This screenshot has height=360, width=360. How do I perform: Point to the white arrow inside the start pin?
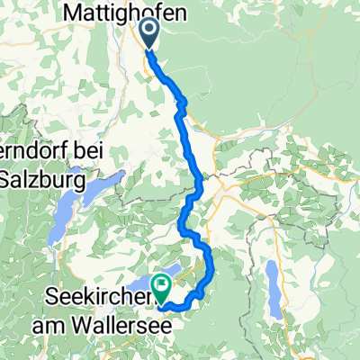click(149, 32)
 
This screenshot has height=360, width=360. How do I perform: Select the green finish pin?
click(163, 287)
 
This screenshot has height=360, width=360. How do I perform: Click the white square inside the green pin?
click(163, 283)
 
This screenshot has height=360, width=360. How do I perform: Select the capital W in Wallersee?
click(104, 320)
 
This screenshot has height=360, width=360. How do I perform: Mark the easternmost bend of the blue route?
click(212, 265)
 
